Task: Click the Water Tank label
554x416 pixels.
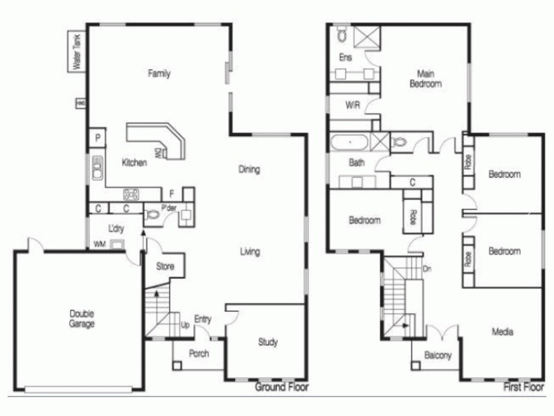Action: [77, 52]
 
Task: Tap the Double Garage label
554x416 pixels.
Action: [82, 319]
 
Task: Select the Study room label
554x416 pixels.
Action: [268, 342]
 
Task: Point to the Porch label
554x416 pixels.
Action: [198, 354]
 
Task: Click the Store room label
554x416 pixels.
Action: [165, 266]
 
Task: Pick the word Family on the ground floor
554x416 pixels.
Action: [159, 73]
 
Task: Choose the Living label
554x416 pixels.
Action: [250, 252]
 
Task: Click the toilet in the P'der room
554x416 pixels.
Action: [153, 216]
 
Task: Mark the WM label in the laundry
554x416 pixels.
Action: [100, 245]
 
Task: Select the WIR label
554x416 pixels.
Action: [352, 105]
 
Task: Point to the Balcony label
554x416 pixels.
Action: [438, 356]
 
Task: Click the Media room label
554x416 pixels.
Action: [503, 332]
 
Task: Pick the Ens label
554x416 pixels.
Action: [344, 58]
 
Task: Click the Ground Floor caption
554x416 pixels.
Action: [282, 387]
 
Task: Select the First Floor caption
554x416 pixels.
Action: [524, 387]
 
